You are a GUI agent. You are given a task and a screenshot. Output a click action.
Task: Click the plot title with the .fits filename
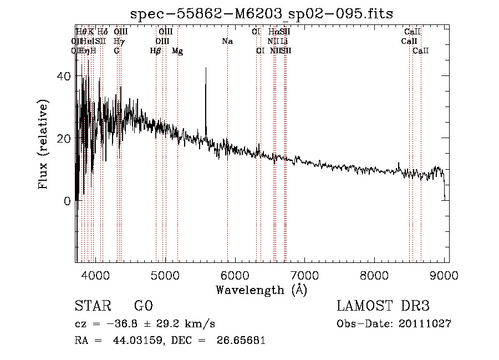click(261, 14)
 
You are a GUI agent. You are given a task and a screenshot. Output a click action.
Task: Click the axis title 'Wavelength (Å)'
click(261, 290)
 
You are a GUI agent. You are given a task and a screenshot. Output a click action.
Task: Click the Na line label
click(227, 42)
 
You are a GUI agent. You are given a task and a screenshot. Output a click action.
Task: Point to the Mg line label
click(177, 51)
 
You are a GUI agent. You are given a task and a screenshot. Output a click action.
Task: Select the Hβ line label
click(156, 51)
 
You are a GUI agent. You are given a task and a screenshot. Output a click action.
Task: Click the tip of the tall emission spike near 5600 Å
click(206, 68)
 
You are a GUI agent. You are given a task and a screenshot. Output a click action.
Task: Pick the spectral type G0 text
click(143, 307)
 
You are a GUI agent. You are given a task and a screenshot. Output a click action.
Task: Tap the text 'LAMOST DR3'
click(383, 307)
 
